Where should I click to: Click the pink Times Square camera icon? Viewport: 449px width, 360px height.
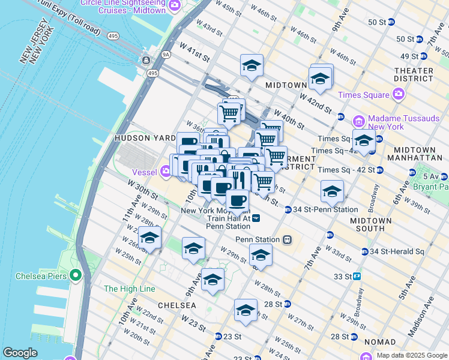[x=398, y=95]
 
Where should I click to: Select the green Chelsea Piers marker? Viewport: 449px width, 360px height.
[x=75, y=276]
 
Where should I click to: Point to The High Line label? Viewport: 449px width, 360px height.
[x=130, y=289]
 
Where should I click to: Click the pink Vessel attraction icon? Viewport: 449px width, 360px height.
[x=166, y=172]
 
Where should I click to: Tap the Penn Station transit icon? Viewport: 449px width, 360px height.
[x=288, y=239]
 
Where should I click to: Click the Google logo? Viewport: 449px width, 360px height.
[x=20, y=353]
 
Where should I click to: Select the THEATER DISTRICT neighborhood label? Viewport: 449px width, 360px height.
[x=413, y=75]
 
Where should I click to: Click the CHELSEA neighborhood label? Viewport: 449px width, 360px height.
[x=176, y=305]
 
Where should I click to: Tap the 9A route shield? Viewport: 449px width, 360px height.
[x=166, y=54]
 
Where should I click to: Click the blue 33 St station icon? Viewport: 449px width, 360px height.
[x=357, y=276]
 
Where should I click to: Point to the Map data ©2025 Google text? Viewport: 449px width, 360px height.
[x=411, y=355]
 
